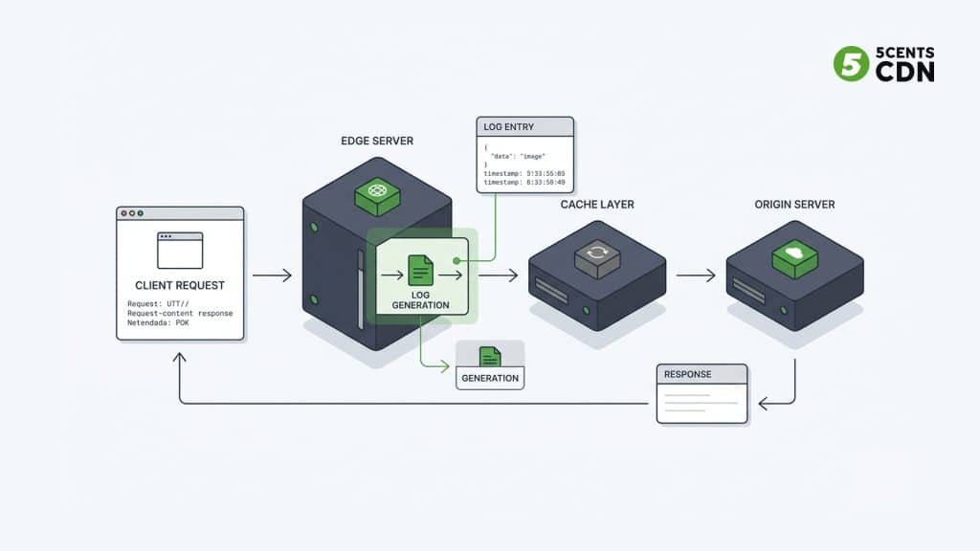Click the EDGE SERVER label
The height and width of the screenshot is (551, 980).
click(377, 141)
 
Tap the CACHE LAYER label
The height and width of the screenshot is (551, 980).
click(597, 205)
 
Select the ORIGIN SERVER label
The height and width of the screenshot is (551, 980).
click(794, 205)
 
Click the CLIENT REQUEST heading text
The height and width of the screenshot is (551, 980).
click(180, 285)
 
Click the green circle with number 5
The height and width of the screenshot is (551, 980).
click(851, 64)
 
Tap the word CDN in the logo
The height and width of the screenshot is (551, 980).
click(905, 72)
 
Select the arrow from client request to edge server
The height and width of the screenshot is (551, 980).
click(272, 275)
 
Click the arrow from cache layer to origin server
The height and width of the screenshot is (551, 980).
click(696, 275)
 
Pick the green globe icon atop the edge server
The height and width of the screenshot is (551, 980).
click(376, 193)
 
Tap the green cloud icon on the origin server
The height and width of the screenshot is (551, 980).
click(794, 253)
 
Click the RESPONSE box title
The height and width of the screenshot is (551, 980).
click(688, 374)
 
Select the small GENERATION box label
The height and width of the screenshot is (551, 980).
click(490, 378)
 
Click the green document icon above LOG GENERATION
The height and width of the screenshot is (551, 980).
click(420, 269)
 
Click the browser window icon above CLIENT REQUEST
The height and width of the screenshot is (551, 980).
click(180, 250)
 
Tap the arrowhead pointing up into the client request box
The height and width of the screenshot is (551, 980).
click(180, 357)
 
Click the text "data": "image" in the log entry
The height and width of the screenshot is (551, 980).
click(517, 156)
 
